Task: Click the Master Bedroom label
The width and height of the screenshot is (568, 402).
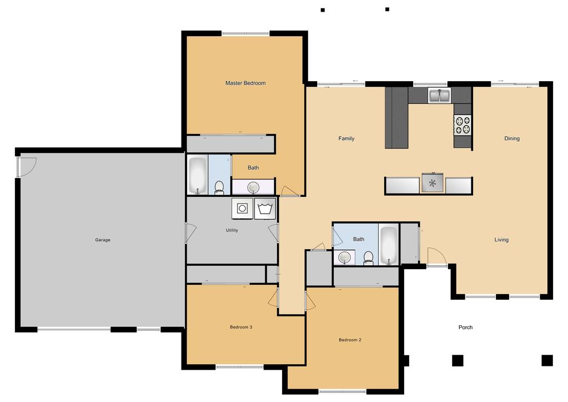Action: pos(245,83)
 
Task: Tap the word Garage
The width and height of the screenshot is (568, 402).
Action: pos(103,240)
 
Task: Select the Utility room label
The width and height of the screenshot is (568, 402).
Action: pos(232,230)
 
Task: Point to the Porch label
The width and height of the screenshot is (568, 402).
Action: pos(465,327)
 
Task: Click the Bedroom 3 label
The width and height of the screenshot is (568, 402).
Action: pos(241,327)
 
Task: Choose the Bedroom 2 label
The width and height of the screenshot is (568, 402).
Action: pos(350,340)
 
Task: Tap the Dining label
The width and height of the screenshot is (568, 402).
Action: pos(512,138)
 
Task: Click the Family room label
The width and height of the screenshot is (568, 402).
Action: pos(346,138)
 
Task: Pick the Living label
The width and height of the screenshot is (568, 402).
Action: pos(501,240)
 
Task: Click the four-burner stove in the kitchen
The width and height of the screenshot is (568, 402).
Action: pos(463,125)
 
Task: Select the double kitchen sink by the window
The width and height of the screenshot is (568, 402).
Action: pos(439,96)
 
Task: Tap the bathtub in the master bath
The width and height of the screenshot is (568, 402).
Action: pos(198,175)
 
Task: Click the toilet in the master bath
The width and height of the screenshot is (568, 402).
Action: pos(219,187)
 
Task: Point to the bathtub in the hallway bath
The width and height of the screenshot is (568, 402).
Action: pos(389,245)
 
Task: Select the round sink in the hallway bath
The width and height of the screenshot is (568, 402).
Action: pos(344,257)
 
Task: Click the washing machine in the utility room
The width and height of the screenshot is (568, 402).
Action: pos(242,209)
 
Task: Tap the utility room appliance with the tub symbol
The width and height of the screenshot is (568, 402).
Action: pos(265,209)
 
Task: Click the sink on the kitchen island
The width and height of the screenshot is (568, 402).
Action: pos(433,183)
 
